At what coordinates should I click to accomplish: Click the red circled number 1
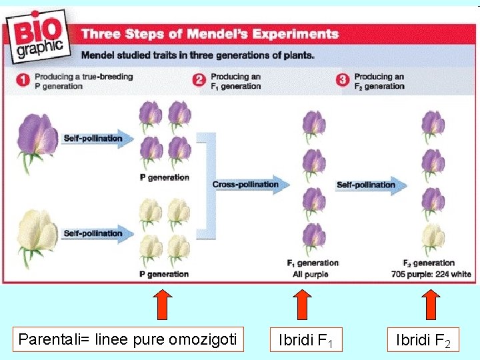(22, 81)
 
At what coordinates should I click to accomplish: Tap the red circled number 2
(199, 81)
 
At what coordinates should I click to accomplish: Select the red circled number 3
(343, 81)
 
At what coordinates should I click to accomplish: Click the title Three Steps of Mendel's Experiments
(209, 33)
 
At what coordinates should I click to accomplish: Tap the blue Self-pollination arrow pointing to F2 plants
(371, 185)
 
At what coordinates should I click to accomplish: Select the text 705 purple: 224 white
(431, 274)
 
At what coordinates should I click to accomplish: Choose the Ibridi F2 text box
(423, 340)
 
